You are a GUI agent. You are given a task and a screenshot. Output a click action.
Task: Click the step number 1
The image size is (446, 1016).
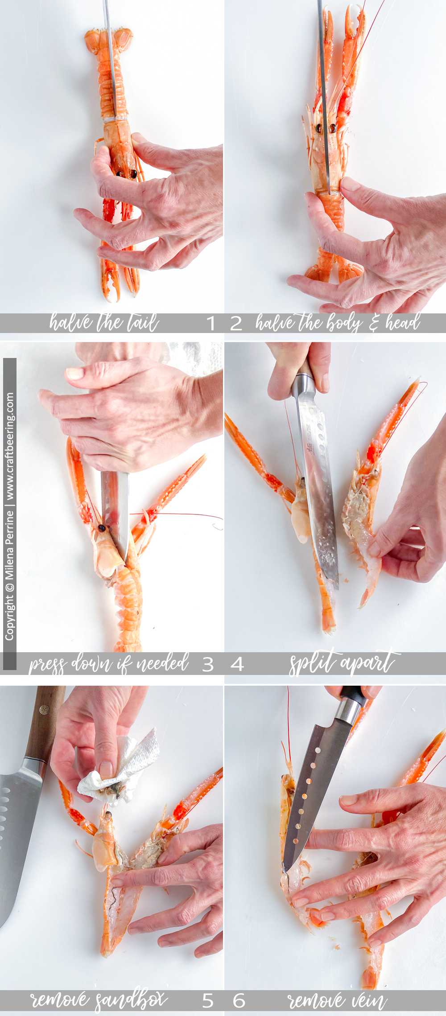[211, 323]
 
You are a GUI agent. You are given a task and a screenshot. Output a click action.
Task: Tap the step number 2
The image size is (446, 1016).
[236, 323]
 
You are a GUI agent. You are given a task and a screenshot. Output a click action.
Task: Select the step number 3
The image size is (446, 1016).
[208, 665]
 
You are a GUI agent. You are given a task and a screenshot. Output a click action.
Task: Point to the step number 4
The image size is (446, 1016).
[237, 665]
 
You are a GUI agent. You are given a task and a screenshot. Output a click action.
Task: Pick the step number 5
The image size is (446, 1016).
[208, 1001]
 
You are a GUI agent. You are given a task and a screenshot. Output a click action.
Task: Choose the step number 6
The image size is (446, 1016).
[239, 1001]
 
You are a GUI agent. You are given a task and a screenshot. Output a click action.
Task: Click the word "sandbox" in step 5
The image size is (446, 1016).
[132, 1000]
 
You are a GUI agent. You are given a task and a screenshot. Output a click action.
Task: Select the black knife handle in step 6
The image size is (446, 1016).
[355, 694]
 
